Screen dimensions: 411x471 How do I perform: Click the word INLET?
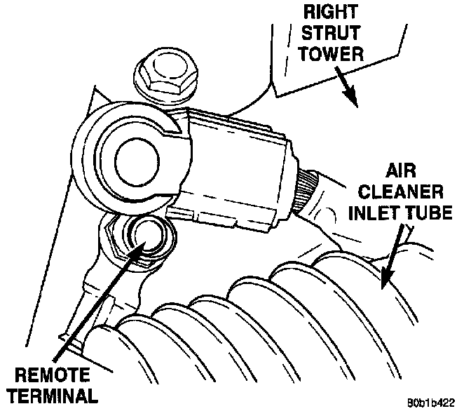378,213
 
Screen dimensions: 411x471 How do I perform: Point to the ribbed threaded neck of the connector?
308,189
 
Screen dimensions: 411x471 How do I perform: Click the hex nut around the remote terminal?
116,242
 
